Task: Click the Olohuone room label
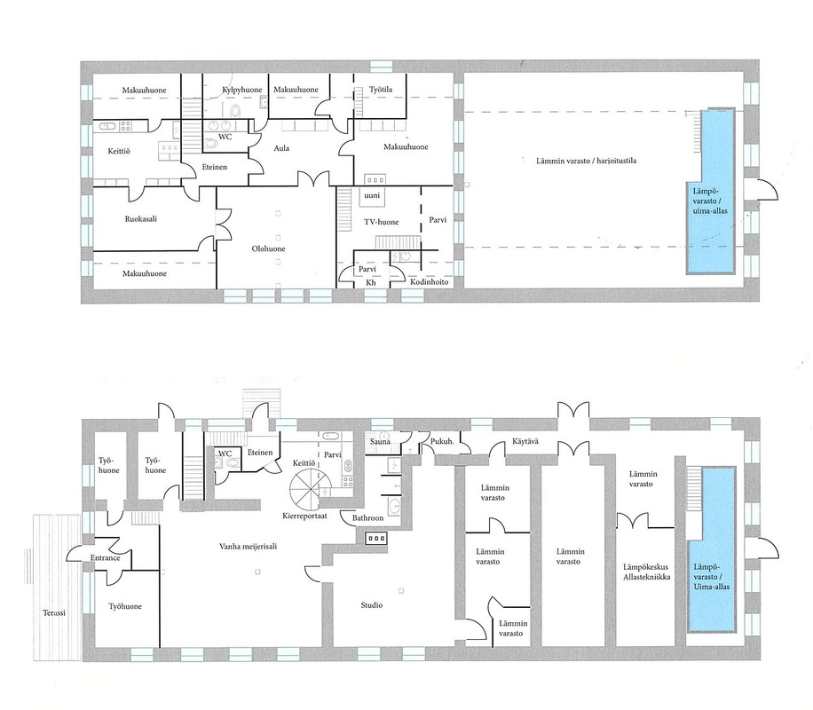[269, 248]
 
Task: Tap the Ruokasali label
[140, 219]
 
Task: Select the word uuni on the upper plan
[372, 195]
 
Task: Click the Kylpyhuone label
[242, 91]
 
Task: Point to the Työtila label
[381, 90]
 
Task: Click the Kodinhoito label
[429, 281]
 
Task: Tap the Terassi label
[54, 612]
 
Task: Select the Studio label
[372, 604]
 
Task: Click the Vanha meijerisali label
[248, 546]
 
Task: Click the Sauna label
[380, 442]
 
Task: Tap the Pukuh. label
[442, 441]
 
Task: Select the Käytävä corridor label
[525, 441]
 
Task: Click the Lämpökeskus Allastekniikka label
[646, 572]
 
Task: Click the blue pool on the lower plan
[711, 549]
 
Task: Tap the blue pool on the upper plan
[710, 191]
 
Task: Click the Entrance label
[106, 558]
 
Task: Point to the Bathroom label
[367, 517]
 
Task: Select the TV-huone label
[381, 222]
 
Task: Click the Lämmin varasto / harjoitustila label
[586, 161]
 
